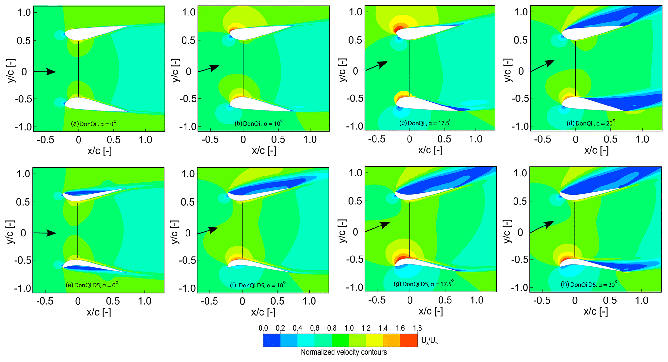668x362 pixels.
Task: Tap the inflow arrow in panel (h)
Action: [x=542, y=227]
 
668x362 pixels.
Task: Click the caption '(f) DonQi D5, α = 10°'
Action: [x=258, y=285]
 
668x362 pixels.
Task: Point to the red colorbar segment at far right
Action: [x=409, y=340]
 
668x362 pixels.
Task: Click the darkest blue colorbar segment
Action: [x=272, y=340]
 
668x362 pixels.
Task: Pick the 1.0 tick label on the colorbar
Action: [x=349, y=328]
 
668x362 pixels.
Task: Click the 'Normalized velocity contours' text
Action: [x=344, y=352]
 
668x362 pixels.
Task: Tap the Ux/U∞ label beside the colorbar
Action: [x=430, y=340]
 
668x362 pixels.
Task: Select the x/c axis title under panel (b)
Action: [x=264, y=151]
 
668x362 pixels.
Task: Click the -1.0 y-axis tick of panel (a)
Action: [x=24, y=127]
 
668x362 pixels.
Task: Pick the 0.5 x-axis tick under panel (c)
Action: [x=444, y=139]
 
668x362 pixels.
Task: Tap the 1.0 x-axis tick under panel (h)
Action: [x=641, y=301]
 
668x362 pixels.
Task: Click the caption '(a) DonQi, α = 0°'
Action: [x=93, y=124]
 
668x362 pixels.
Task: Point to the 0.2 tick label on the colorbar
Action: [x=280, y=328]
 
